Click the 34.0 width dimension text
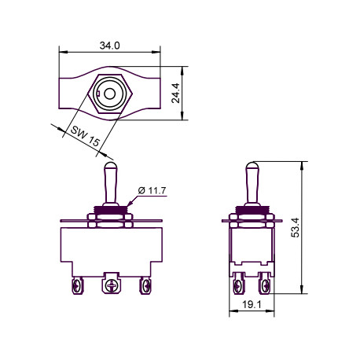click(109, 46)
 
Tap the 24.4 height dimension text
click(175, 93)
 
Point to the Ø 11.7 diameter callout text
click(152, 190)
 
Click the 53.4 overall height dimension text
click(296, 227)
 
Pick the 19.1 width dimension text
click(252, 305)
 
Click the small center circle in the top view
click(109, 94)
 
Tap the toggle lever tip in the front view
click(111, 166)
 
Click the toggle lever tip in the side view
click(252, 166)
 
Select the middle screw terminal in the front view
click(112, 283)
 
